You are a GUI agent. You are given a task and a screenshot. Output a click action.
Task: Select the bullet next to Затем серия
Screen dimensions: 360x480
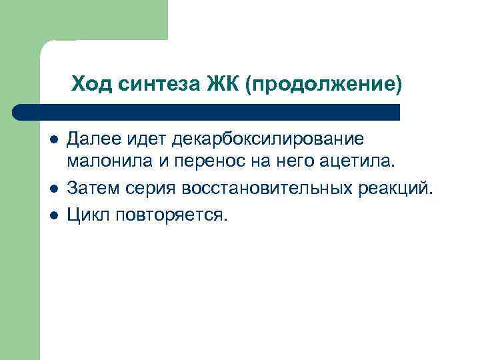pos(53,189)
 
